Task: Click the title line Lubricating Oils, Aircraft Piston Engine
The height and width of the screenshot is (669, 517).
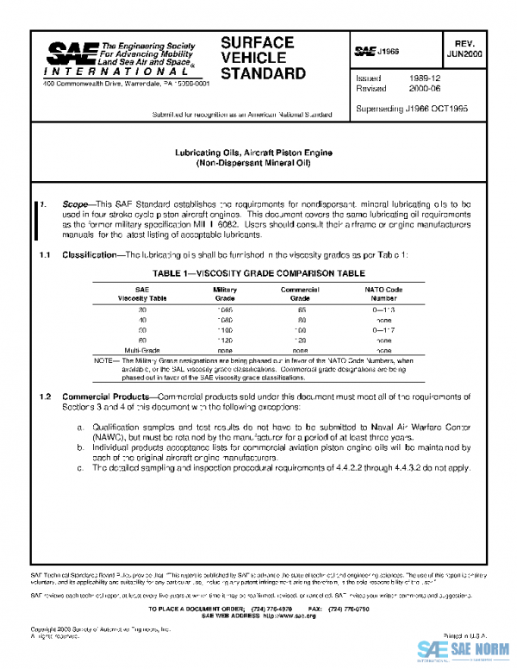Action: [258, 153]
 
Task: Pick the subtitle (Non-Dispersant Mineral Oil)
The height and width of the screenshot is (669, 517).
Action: [258, 163]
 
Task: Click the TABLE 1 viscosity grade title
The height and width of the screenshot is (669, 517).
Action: [258, 272]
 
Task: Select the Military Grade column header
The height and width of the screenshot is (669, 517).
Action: [225, 293]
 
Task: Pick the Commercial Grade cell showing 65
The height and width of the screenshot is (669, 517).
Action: [301, 309]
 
